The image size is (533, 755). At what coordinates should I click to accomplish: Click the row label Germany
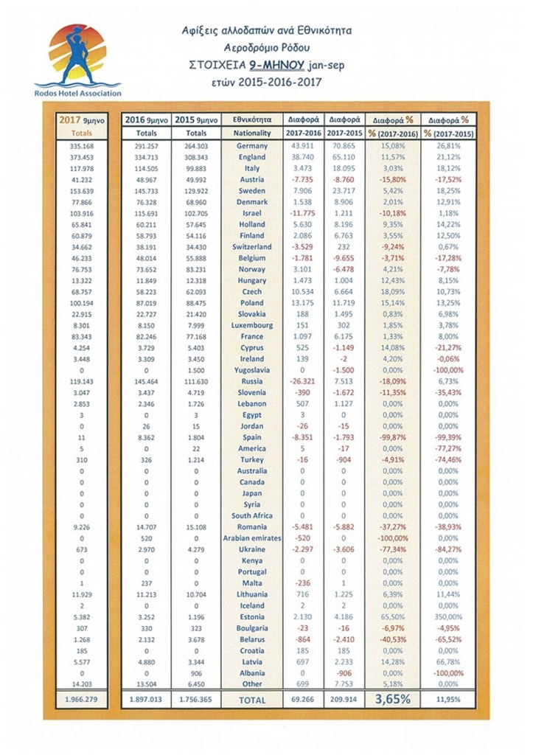pyautogui.click(x=253, y=146)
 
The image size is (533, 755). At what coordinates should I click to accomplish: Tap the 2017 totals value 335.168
pyautogui.click(x=83, y=146)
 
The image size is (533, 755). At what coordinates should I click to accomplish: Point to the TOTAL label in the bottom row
pyautogui.click(x=253, y=699)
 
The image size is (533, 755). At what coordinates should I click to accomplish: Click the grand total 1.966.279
pyautogui.click(x=83, y=699)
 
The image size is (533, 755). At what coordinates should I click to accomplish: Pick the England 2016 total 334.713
pyautogui.click(x=146, y=158)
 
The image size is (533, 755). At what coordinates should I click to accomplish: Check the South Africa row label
pyautogui.click(x=253, y=516)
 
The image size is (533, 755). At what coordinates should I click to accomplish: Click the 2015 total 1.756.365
pyautogui.click(x=196, y=699)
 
